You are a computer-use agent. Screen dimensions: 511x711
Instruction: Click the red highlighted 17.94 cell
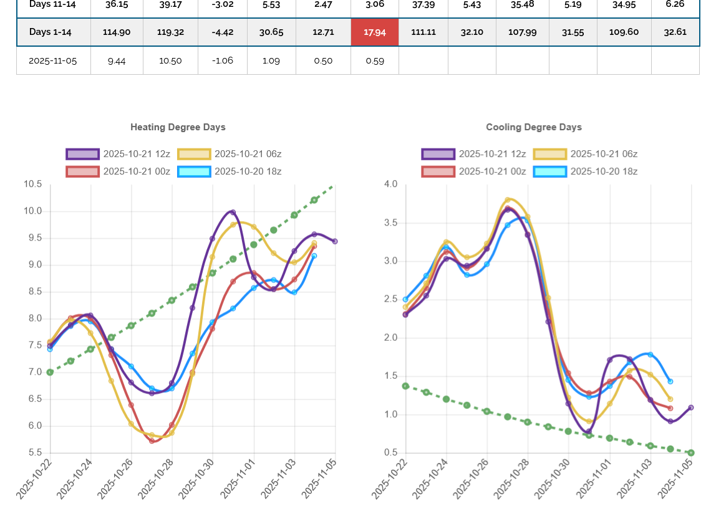pos(375,32)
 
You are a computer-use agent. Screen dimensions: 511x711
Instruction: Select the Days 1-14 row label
pos(53,32)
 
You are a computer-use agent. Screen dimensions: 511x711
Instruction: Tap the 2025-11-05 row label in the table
pos(53,60)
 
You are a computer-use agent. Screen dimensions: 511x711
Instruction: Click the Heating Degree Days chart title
pos(178,127)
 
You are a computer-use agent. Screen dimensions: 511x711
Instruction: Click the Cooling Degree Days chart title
pos(534,127)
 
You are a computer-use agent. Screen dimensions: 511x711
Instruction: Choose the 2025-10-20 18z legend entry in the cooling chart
pos(586,171)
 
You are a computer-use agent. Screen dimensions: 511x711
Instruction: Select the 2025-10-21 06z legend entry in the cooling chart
pos(586,154)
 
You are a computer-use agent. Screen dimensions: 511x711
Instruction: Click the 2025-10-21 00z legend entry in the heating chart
pos(118,171)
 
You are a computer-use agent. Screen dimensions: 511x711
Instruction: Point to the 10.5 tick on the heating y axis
pos(33,184)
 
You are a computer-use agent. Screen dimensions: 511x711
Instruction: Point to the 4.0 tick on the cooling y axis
pos(391,184)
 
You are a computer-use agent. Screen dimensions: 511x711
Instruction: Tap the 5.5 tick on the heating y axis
pos(33,452)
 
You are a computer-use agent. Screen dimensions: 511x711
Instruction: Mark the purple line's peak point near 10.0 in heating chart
pos(233,212)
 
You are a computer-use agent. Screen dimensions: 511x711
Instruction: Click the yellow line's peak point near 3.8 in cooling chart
pos(508,200)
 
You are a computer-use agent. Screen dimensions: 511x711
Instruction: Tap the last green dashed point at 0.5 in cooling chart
pos(691,452)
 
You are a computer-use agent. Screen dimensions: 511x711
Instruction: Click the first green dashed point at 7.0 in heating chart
pos(50,372)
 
